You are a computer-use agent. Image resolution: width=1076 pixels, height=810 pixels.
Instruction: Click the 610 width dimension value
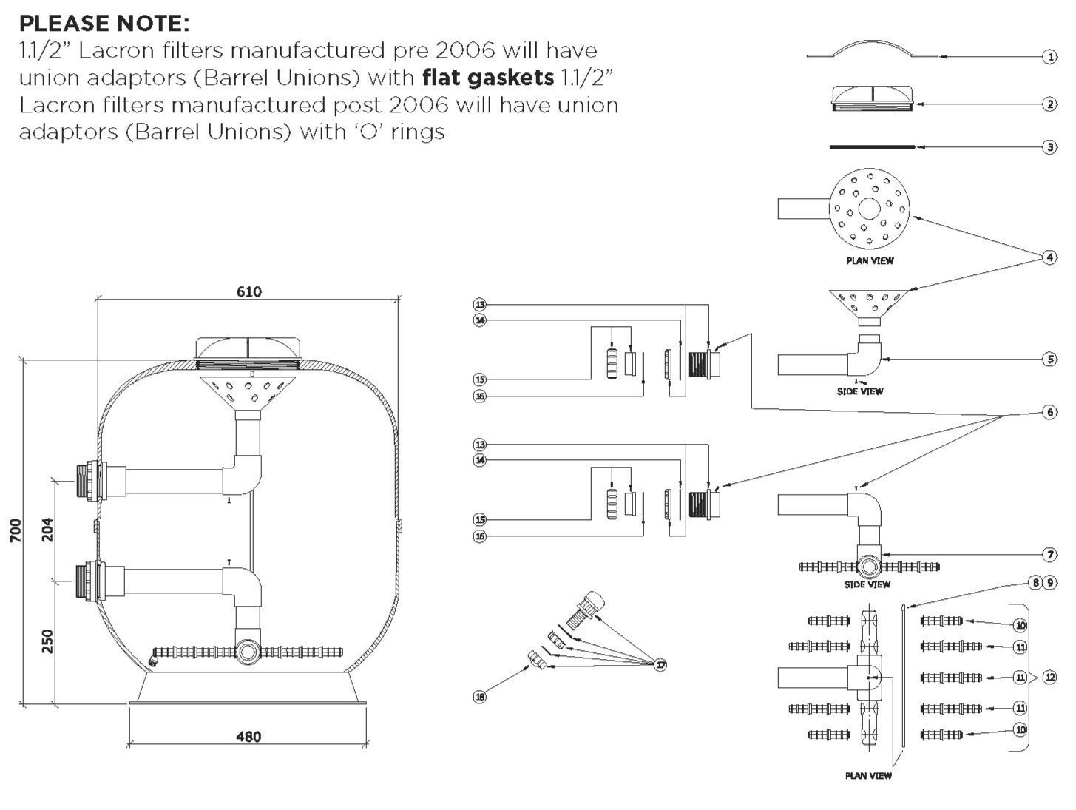pos(248,292)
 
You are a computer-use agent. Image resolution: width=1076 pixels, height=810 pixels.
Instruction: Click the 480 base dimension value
pos(248,736)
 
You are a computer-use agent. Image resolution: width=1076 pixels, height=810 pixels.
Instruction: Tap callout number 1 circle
pos(1049,57)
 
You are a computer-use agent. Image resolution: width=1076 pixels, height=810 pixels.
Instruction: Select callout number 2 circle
pos(1049,104)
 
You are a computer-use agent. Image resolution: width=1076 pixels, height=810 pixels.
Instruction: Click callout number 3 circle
pos(1049,147)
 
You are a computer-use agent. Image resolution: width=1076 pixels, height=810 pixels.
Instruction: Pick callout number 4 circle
pos(1049,257)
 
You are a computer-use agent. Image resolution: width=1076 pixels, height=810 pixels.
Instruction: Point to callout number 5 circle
pos(1049,360)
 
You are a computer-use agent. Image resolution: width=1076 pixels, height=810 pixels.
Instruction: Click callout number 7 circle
pos(1049,554)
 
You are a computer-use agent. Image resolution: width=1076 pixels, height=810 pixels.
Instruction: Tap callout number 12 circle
pos(1049,677)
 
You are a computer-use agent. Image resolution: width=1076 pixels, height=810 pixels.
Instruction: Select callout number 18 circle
pos(480,696)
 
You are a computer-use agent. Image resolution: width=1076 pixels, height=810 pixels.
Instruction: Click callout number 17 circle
pos(660,665)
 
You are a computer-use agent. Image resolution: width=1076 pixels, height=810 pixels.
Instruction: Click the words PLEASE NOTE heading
pos(104,23)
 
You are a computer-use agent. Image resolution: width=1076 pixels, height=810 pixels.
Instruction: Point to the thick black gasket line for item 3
pos(873,147)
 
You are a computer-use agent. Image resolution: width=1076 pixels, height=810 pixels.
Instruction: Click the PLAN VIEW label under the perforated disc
pos(870,260)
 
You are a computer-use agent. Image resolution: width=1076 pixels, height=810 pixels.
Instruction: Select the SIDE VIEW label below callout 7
pos(867,584)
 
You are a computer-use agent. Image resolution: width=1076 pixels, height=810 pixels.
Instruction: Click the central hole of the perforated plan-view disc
pos(870,209)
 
